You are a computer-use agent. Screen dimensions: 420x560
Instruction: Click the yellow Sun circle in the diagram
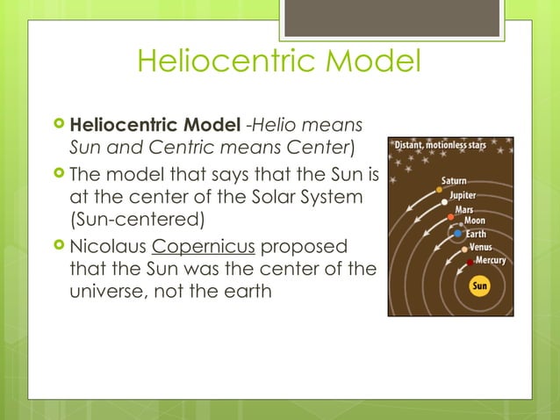tap(480, 286)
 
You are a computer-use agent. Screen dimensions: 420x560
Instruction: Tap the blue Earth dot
tap(457, 234)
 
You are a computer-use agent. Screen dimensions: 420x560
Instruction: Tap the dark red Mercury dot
tap(470, 263)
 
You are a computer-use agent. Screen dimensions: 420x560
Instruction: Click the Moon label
tap(476, 221)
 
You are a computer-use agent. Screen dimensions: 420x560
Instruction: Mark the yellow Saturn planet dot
tap(439, 189)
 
